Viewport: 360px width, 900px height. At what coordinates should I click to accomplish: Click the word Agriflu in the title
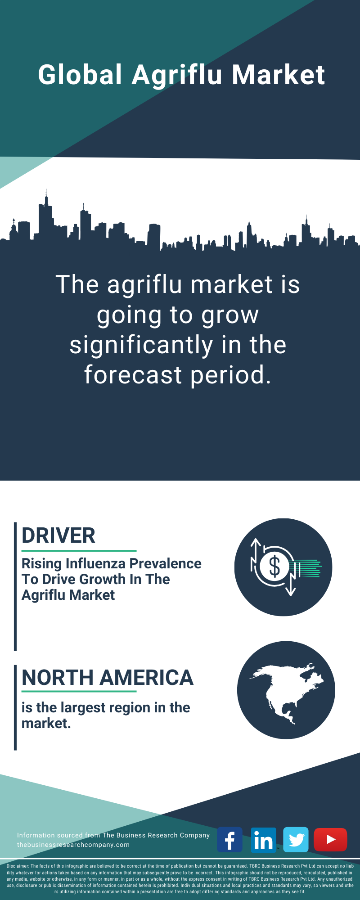pyautogui.click(x=177, y=75)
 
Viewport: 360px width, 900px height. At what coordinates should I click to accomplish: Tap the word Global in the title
pyautogui.click(x=80, y=74)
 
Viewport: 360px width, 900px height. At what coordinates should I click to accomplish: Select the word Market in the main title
pyautogui.click(x=278, y=74)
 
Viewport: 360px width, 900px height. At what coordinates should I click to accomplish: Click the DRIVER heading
pyautogui.click(x=58, y=535)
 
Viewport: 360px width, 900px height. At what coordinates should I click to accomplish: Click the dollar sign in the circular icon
pyautogui.click(x=274, y=567)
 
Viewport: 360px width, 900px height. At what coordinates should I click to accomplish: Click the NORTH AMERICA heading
pyautogui.click(x=108, y=678)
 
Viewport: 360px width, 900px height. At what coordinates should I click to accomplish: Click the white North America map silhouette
pyautogui.click(x=287, y=692)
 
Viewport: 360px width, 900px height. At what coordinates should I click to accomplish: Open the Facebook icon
pyautogui.click(x=229, y=840)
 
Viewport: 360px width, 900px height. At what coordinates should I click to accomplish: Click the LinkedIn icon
pyautogui.click(x=263, y=840)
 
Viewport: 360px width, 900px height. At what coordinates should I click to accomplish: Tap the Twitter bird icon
pyautogui.click(x=296, y=840)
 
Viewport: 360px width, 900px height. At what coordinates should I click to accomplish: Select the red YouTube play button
pyautogui.click(x=330, y=840)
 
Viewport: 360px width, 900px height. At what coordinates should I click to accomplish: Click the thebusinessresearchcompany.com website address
pyautogui.click(x=73, y=845)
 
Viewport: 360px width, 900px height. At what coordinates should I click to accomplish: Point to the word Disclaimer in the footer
pyautogui.click(x=18, y=866)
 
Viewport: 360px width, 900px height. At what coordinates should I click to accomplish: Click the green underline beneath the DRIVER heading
pyautogui.click(x=79, y=550)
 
